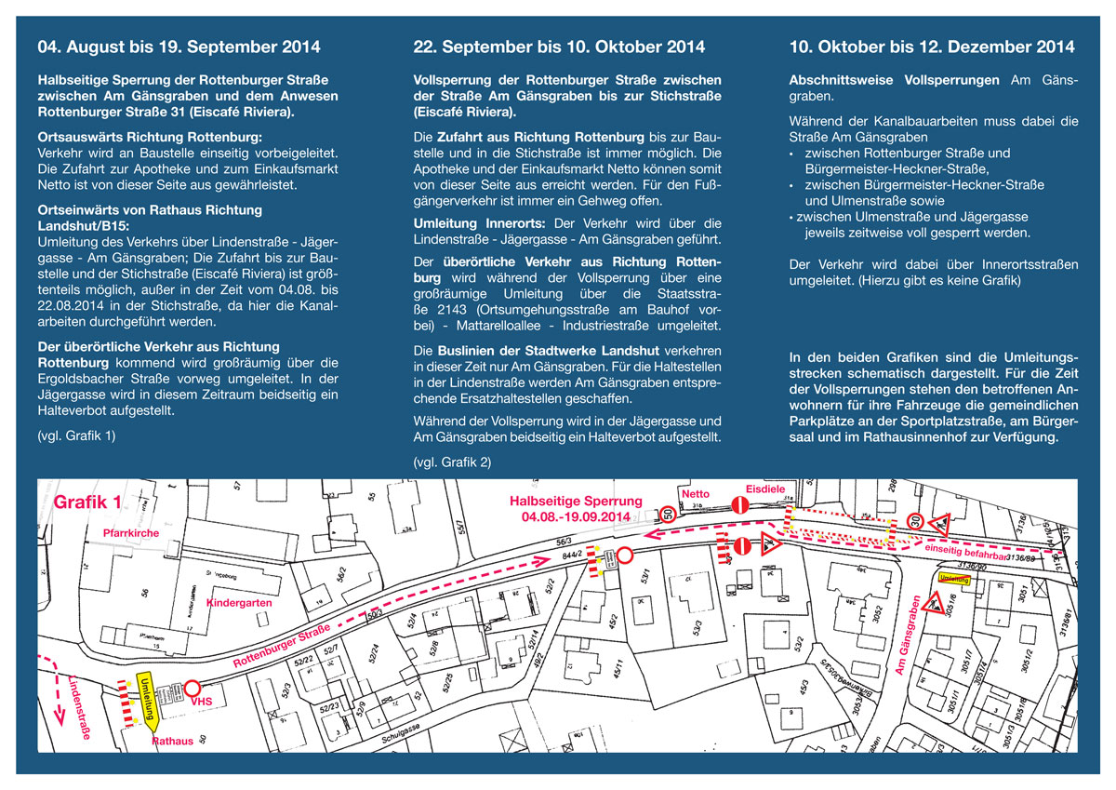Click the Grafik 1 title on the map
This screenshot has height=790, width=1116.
pyautogui.click(x=88, y=502)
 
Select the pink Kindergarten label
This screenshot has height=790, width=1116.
pyautogui.click(x=239, y=603)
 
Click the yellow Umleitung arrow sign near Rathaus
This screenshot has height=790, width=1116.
pyautogui.click(x=147, y=696)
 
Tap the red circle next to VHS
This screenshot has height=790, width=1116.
pyautogui.click(x=193, y=689)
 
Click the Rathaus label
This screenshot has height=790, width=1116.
pyautogui.click(x=172, y=742)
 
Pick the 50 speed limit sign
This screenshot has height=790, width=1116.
pyautogui.click(x=669, y=512)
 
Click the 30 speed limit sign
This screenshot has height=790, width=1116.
pyautogui.click(x=916, y=523)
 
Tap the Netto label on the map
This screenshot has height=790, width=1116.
pyautogui.click(x=696, y=494)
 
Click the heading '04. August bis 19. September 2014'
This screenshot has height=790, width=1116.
pyautogui.click(x=179, y=47)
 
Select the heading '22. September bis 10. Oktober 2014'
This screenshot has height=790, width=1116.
pyautogui.click(x=559, y=47)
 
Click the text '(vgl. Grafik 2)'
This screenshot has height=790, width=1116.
pyautogui.click(x=452, y=462)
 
